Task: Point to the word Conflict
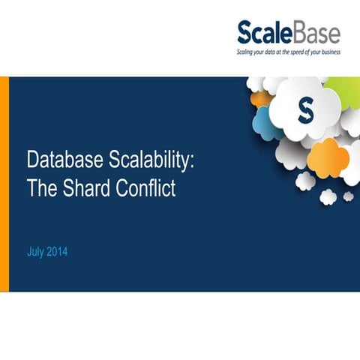146,187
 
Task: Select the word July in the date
34,252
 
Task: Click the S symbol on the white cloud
304,111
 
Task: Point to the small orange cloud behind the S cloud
260,98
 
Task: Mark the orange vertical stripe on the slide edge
4,184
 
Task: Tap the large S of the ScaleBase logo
247,34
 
